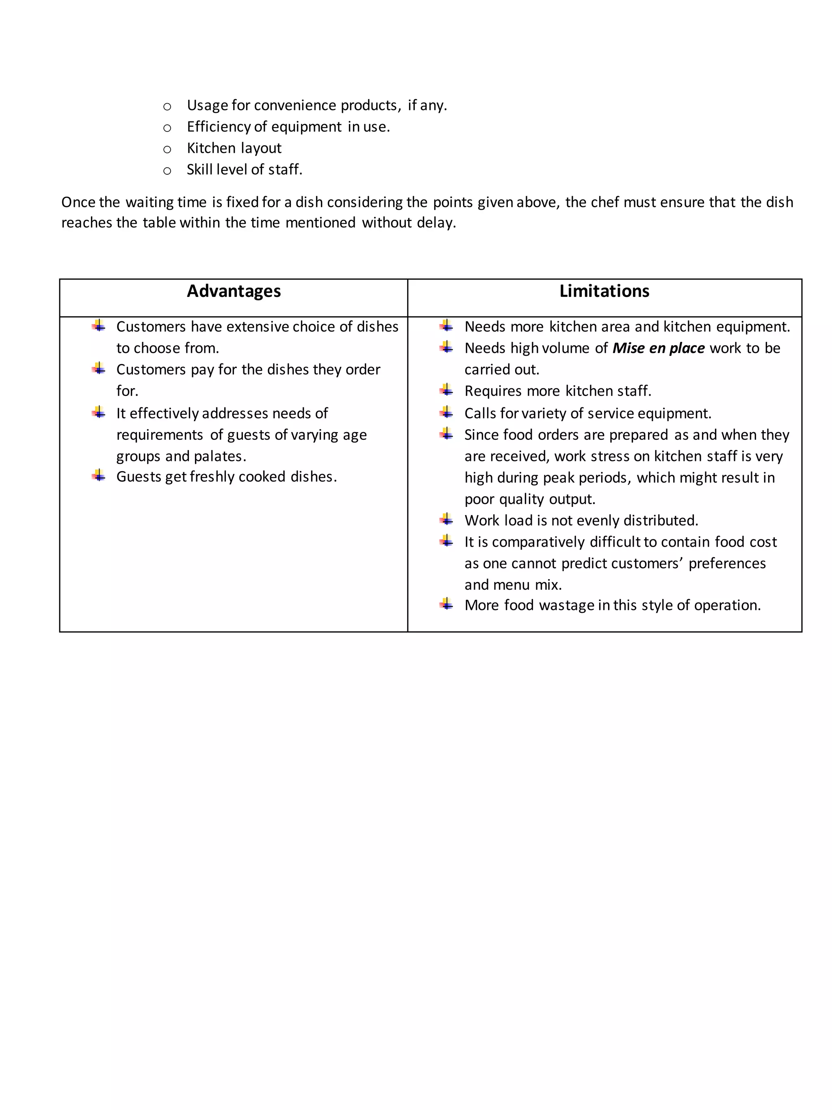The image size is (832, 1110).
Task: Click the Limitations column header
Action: pyautogui.click(x=604, y=291)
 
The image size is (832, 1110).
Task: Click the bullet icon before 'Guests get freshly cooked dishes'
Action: pyautogui.click(x=99, y=476)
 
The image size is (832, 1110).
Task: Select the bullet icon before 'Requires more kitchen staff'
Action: pyautogui.click(x=446, y=390)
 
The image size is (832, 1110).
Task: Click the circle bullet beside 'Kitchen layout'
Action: pyautogui.click(x=167, y=149)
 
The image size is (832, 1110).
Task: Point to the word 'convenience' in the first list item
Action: pyautogui.click(x=295, y=105)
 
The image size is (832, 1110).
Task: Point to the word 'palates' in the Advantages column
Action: pyautogui.click(x=219, y=456)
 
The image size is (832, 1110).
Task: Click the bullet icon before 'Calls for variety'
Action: pyautogui.click(x=446, y=413)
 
